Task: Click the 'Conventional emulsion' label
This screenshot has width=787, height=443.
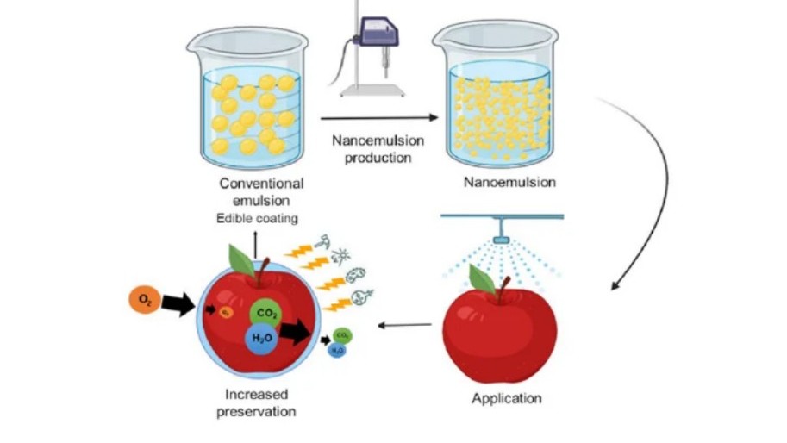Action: (261, 190)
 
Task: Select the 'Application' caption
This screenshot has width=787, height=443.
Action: (507, 398)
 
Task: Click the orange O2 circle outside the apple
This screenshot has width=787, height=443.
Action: (144, 301)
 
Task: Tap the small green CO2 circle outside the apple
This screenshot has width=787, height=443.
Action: (340, 334)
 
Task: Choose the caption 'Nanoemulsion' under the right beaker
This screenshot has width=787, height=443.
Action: (509, 182)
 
